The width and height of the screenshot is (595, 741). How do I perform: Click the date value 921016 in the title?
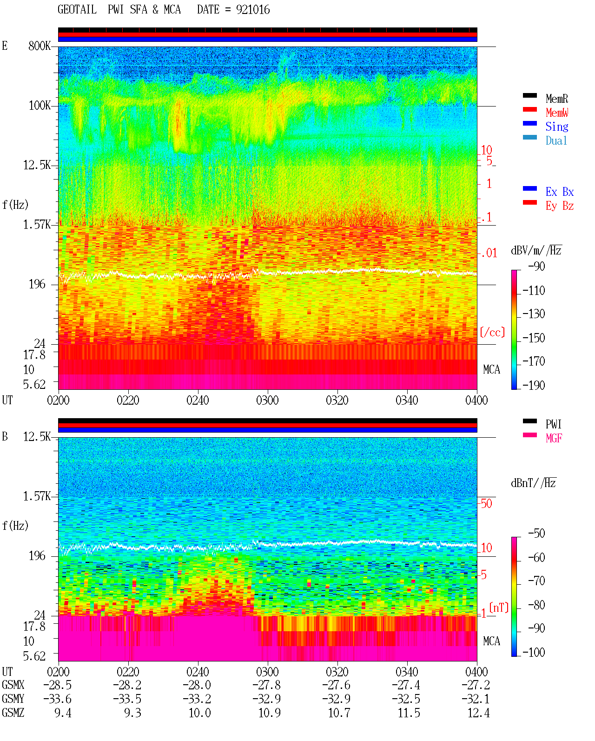click(253, 10)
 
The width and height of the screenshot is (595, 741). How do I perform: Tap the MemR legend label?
click(557, 99)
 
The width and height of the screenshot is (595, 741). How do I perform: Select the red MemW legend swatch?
click(529, 109)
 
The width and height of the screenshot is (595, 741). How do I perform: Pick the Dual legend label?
click(556, 140)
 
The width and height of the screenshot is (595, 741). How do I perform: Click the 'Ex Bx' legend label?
click(560, 192)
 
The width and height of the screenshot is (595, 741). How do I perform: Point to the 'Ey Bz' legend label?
click(560, 206)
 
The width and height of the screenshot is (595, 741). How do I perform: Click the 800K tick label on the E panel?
click(40, 46)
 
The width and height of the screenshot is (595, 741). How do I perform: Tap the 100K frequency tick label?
click(40, 106)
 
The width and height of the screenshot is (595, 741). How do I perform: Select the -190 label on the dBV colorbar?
click(534, 385)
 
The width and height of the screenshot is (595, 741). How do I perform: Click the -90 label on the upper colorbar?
click(536, 266)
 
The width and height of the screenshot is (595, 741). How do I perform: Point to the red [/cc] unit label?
click(492, 332)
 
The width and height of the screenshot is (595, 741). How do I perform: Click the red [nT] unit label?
click(499, 607)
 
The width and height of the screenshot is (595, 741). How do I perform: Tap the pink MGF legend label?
click(554, 438)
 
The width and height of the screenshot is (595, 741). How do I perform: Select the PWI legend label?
click(553, 424)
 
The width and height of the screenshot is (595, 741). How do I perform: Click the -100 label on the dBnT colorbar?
click(534, 652)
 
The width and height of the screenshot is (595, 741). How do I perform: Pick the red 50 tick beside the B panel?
click(486, 503)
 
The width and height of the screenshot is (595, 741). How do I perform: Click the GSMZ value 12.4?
click(478, 713)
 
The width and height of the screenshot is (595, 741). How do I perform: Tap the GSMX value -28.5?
click(57, 685)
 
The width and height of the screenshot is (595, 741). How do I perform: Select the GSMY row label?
click(13, 699)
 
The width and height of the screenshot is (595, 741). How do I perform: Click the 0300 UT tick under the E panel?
click(267, 400)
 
